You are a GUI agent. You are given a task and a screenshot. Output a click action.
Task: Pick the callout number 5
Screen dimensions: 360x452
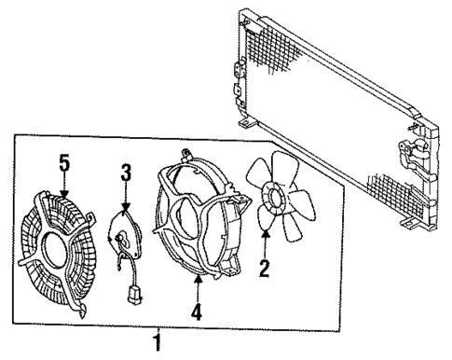(63, 164)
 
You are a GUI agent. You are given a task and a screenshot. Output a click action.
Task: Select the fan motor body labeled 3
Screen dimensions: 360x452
(124, 228)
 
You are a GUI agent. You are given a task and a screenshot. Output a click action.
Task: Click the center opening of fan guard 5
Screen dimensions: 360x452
(60, 246)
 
